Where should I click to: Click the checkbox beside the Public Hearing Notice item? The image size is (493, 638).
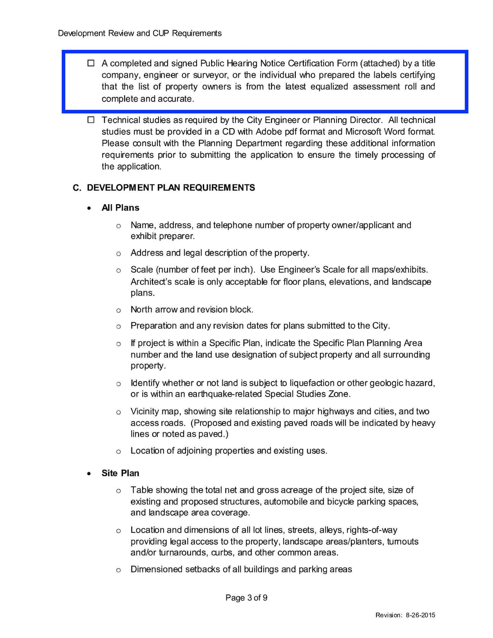click(91, 63)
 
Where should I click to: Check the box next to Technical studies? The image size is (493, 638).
click(91, 120)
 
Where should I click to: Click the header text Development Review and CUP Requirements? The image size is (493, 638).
click(140, 33)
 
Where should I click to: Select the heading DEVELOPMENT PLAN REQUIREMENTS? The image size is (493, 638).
click(171, 188)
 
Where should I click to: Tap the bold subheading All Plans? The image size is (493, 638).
click(120, 208)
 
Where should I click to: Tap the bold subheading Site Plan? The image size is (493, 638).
click(120, 473)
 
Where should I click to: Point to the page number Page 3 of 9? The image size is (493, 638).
click(246, 598)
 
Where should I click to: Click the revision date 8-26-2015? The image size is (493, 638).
click(420, 615)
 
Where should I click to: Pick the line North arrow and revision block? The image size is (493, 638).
click(192, 310)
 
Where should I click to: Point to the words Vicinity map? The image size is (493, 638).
click(156, 412)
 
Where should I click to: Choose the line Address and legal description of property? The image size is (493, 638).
click(220, 253)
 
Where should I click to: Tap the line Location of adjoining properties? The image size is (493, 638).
click(229, 451)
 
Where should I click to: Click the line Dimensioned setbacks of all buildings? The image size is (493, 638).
click(241, 569)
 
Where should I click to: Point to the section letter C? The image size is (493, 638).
click(77, 188)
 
